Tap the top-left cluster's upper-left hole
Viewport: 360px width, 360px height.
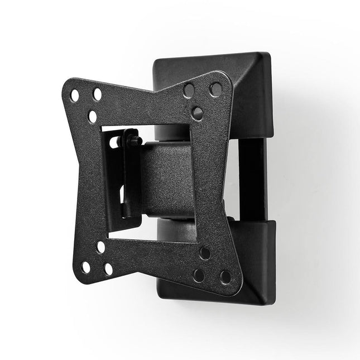point(74,96)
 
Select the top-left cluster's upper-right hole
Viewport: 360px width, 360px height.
point(98,94)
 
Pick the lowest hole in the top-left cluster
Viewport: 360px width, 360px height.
point(92,117)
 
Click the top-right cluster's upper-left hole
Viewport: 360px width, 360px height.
point(189,90)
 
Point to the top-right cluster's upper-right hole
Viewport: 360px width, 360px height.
point(214,89)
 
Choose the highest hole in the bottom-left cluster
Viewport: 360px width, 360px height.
point(101,247)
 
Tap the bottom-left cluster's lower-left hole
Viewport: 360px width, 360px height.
point(86,267)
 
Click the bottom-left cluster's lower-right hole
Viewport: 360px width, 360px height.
point(108,269)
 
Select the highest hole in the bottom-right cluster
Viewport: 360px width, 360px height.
point(205,253)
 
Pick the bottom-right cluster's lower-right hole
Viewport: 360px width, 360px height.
point(225,277)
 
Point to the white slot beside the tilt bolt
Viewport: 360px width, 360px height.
point(114,143)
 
